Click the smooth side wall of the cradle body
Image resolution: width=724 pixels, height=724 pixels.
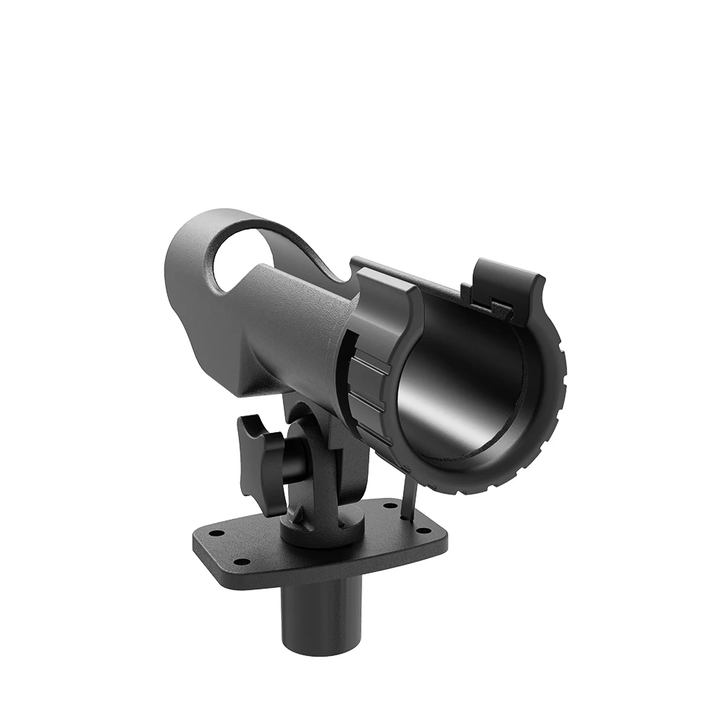[290, 333]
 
